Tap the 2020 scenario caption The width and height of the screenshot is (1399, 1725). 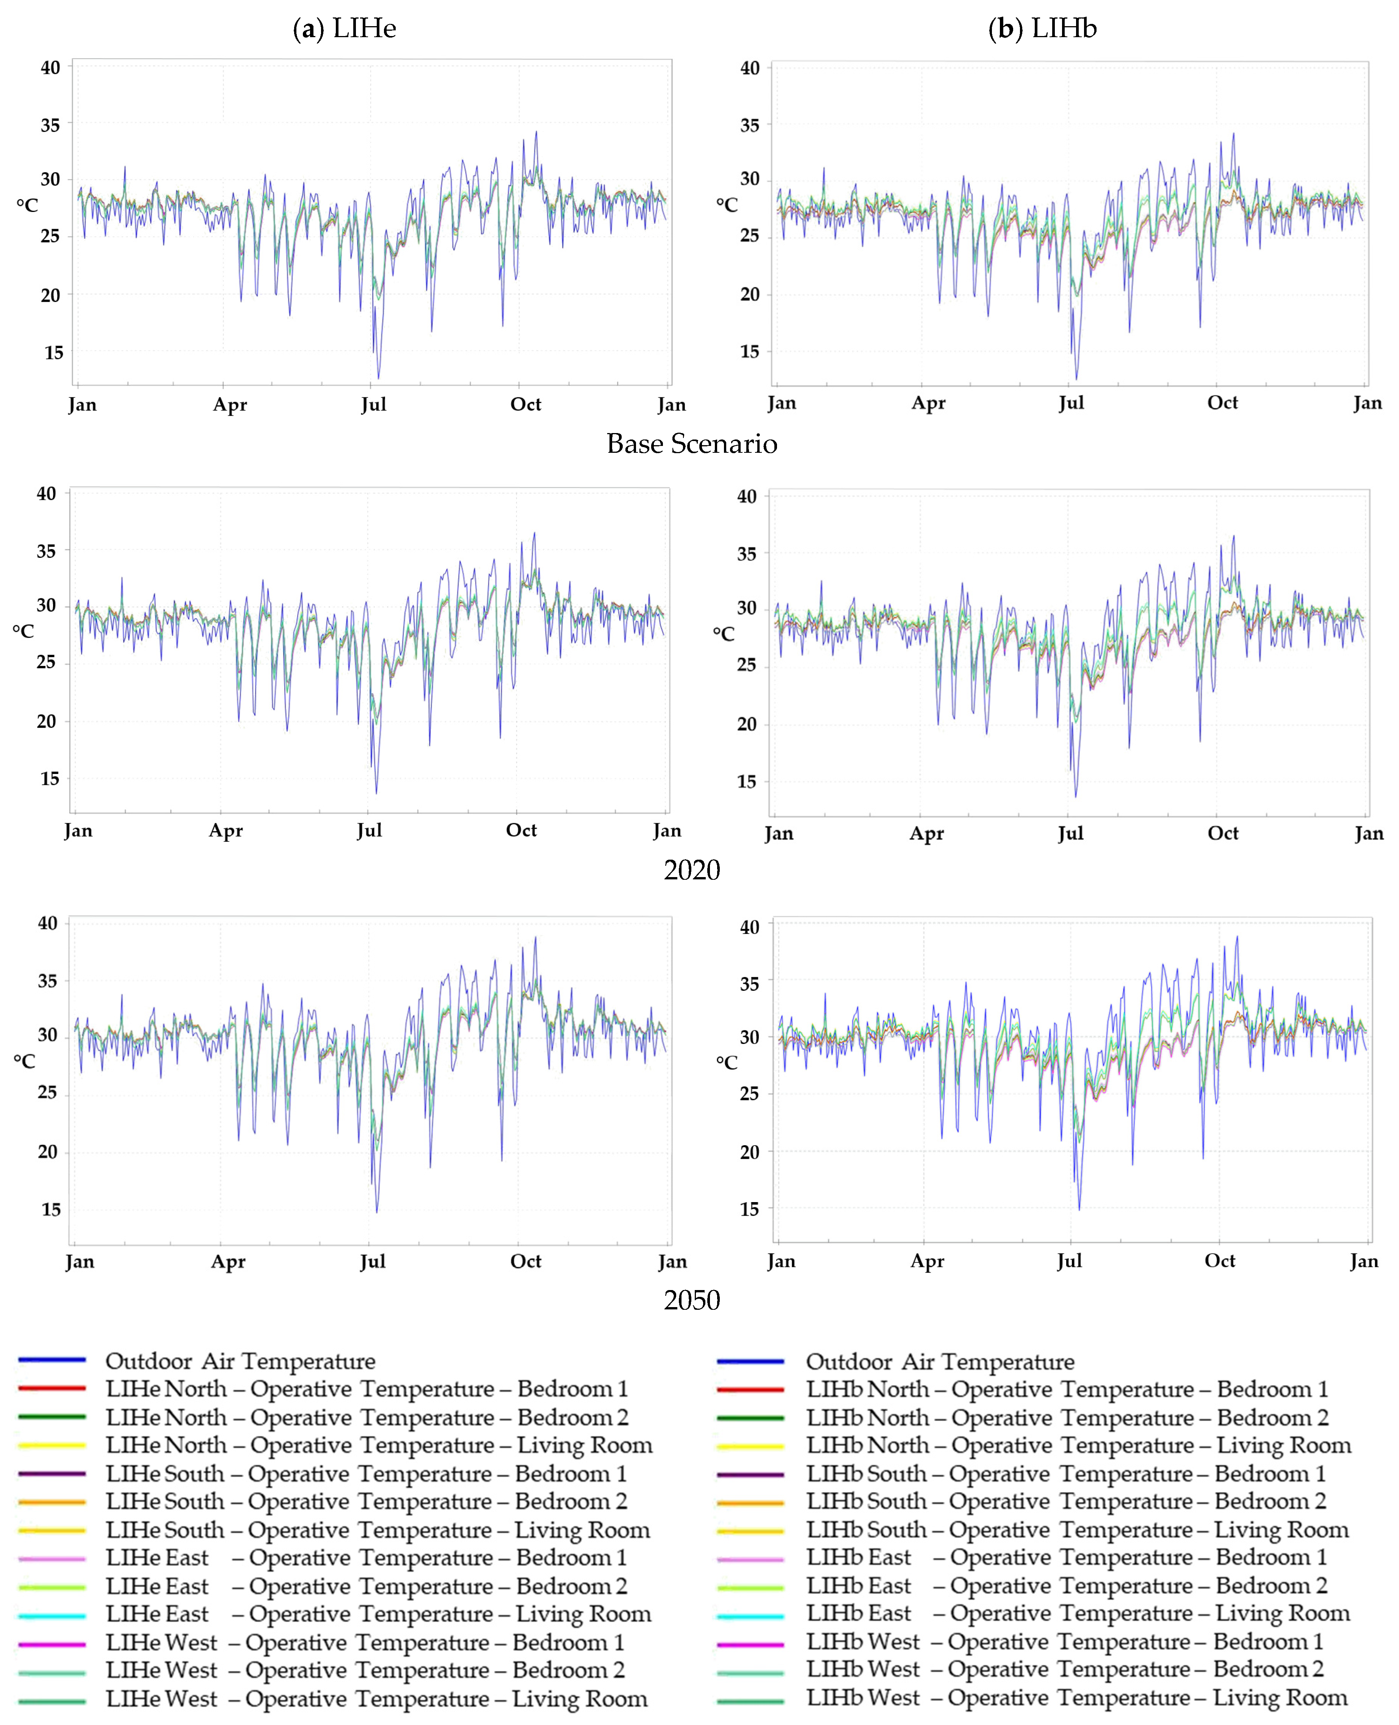coord(691,870)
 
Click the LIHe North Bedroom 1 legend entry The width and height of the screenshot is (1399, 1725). coord(367,1389)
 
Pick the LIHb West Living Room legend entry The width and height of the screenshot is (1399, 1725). coord(1077,1698)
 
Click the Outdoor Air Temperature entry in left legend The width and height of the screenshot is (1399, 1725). coord(240,1361)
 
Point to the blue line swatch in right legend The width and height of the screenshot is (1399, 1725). coord(749,1361)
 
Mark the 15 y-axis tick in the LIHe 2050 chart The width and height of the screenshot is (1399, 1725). coord(51,1209)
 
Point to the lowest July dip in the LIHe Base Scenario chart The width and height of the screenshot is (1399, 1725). coord(378,377)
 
